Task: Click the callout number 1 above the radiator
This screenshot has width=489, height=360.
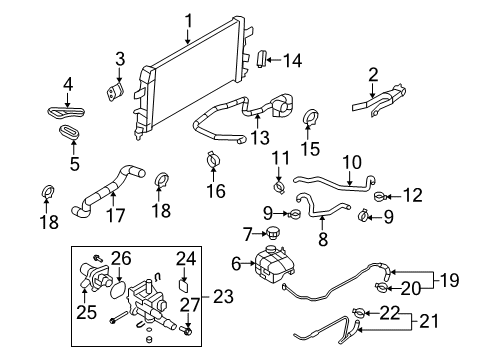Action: coord(187,19)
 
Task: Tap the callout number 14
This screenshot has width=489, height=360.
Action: coord(291,60)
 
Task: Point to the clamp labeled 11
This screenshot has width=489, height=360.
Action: coord(281,186)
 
